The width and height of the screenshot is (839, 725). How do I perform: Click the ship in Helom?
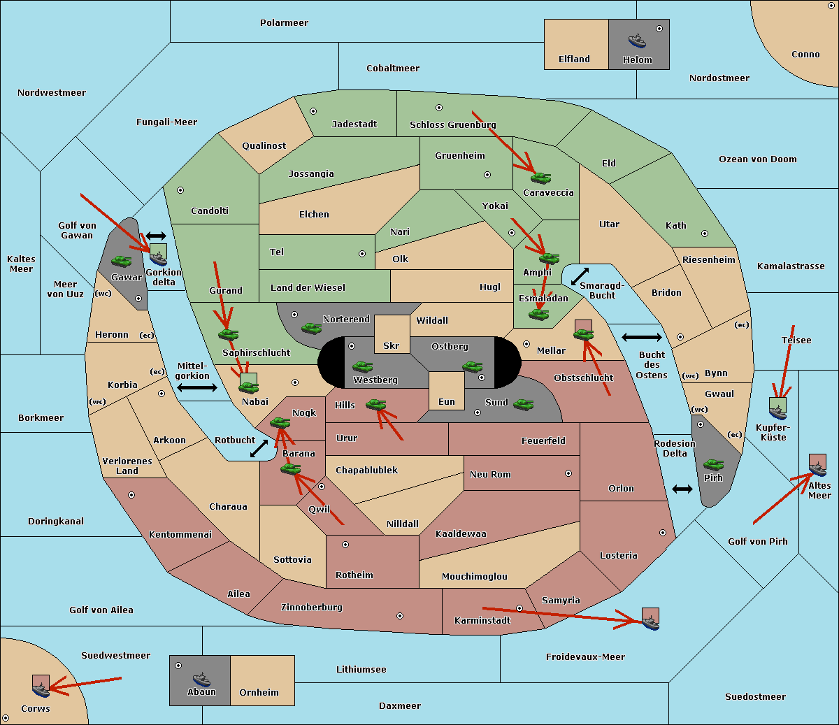[637, 41]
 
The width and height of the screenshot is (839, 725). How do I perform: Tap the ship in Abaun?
[201, 679]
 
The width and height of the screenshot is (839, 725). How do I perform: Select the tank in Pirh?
[713, 464]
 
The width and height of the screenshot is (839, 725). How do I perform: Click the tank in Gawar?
[122, 261]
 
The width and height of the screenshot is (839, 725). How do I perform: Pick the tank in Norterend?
[311, 328]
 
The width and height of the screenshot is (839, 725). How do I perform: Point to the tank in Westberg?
[362, 366]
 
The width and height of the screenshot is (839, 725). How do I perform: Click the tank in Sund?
[523, 404]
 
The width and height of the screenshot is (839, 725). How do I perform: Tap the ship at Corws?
[41, 689]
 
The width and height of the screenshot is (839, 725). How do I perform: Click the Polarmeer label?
[284, 23]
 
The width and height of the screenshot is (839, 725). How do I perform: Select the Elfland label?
[574, 59]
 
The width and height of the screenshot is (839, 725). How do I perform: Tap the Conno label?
[805, 55]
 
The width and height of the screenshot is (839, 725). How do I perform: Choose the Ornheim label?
[259, 692]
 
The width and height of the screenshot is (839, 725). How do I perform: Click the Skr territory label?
[392, 345]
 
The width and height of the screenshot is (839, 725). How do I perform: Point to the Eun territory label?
[447, 401]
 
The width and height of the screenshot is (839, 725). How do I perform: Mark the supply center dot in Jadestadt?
[313, 111]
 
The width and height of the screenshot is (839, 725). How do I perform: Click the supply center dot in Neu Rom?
[568, 473]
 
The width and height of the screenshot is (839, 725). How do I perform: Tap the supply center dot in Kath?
[705, 234]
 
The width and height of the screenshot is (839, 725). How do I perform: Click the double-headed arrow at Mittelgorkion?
[197, 387]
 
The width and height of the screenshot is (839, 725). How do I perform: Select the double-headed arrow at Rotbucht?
[259, 448]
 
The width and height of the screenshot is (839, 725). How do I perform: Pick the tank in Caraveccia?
[541, 178]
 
